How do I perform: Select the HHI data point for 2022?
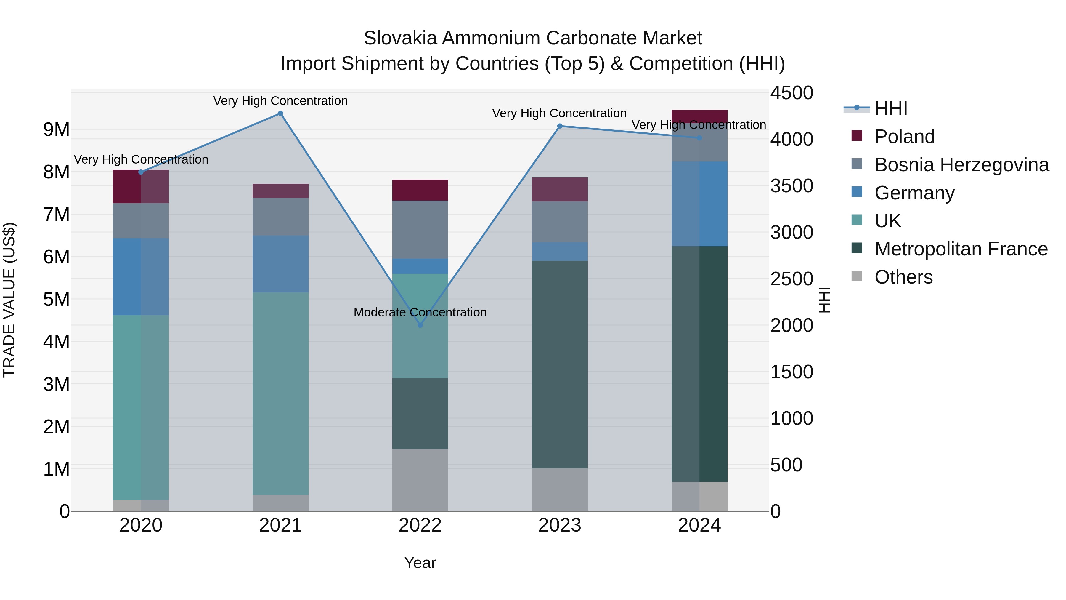(420, 325)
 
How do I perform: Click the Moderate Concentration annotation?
(420, 312)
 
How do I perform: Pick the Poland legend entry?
(904, 137)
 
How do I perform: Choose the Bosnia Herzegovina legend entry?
(961, 165)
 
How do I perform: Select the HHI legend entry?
(890, 108)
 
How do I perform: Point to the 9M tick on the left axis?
(56, 129)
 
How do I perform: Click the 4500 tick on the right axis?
(791, 93)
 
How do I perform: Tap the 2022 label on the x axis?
(420, 525)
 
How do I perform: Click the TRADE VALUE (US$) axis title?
(9, 300)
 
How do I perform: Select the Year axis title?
(420, 563)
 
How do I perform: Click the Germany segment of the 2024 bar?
(699, 204)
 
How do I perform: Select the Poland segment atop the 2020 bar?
(141, 186)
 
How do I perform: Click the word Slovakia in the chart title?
(400, 38)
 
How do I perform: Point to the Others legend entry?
(903, 277)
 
